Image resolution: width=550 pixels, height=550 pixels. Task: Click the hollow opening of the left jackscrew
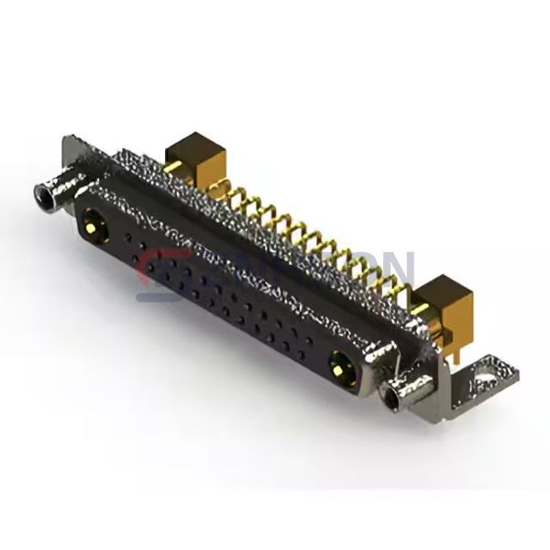pos(40,193)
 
